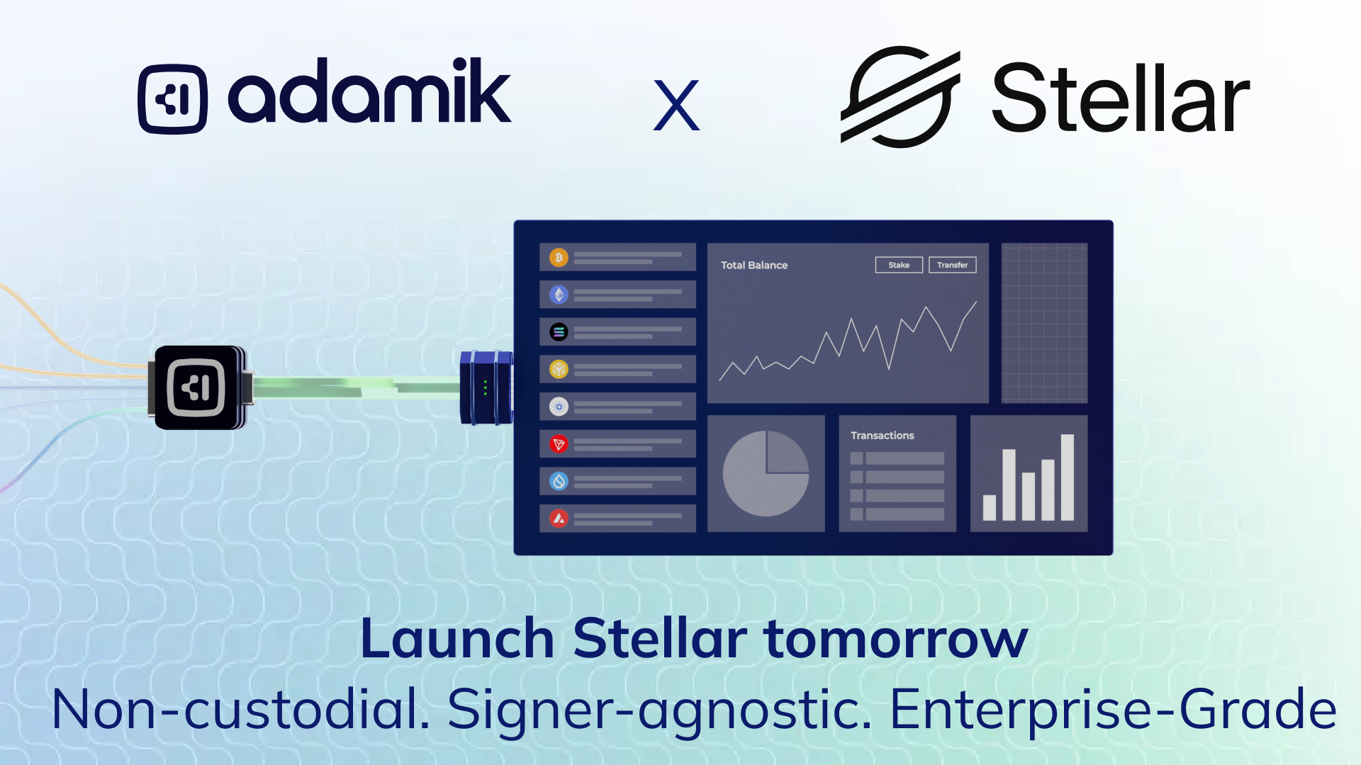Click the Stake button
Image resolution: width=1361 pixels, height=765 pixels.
pos(899,265)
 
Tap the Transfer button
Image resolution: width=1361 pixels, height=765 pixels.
pos(952,265)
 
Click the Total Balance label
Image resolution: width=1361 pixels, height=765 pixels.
pos(754,265)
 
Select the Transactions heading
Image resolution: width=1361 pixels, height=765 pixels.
pos(883,436)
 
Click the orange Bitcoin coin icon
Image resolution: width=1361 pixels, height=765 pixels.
pos(559,257)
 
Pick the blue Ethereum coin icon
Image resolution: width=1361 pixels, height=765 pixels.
pos(559,295)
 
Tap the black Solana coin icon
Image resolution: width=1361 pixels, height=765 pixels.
pos(559,331)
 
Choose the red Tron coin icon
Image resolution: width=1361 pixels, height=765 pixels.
pos(559,444)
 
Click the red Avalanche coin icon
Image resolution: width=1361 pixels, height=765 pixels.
pos(559,518)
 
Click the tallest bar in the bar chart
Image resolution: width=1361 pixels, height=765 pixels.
pos(1067,477)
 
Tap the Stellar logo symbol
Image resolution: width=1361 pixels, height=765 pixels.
pos(900,96)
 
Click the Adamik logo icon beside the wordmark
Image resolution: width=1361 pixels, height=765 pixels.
pos(173,99)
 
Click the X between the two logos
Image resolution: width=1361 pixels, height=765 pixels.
pos(676,106)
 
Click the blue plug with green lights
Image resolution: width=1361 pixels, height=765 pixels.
pos(486,388)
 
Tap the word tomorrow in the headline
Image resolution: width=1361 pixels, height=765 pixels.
pos(896,638)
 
